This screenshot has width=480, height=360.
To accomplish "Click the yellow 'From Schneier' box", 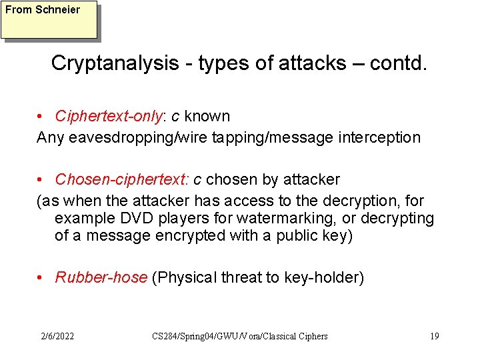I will click(x=49, y=19).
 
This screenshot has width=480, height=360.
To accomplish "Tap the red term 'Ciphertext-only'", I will click(x=109, y=117).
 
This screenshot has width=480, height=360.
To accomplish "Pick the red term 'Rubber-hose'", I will click(x=101, y=278).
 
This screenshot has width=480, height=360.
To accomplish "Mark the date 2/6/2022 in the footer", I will click(x=57, y=336).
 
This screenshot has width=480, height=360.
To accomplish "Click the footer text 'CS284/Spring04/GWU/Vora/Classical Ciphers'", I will click(x=240, y=336).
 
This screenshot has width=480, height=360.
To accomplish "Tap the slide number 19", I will click(x=434, y=336).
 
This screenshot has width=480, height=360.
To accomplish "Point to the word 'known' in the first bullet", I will click(x=207, y=117).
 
